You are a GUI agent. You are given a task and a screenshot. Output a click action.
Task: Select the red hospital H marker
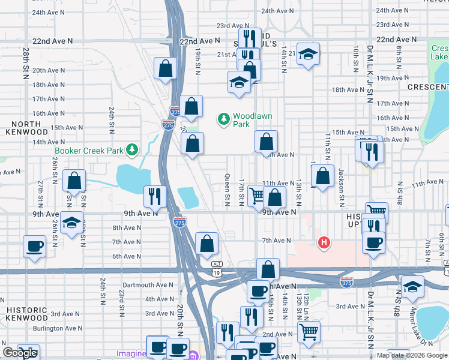click(324, 242)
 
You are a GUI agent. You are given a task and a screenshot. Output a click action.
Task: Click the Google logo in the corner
click(20, 353)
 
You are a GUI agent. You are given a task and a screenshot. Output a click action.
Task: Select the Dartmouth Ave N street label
click(147, 285)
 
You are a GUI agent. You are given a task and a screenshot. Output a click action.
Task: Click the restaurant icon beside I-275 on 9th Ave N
click(155, 196)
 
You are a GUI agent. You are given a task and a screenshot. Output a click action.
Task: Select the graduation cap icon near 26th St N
click(72, 224)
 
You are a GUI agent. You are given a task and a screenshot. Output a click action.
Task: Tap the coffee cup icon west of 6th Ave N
click(34, 245)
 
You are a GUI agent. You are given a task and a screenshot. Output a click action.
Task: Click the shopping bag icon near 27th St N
click(74, 180)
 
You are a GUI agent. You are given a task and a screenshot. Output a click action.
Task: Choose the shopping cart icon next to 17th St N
click(257, 195)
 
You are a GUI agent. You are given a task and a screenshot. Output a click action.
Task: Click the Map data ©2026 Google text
click(412, 355)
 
